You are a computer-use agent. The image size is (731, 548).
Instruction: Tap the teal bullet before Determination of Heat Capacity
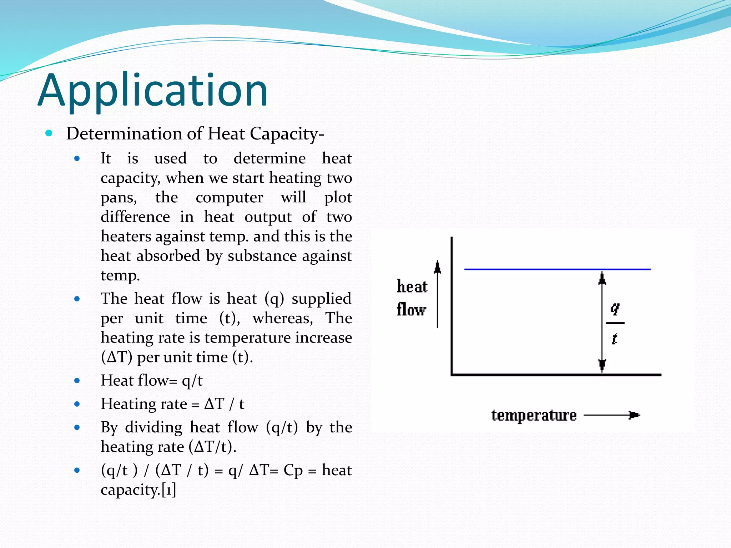pos(49,133)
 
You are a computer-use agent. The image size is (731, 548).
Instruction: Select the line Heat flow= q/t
pos(152,381)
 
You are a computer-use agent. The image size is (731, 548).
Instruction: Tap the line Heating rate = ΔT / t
pos(172,404)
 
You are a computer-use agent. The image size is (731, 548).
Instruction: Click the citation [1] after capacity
pos(169,490)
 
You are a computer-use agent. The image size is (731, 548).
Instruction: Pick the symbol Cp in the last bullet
pos(293,471)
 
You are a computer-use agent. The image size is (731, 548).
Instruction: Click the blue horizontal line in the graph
pos(557,269)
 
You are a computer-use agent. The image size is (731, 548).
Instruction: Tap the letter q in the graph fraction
pos(615,308)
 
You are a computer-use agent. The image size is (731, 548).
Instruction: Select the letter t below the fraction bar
pos(614,339)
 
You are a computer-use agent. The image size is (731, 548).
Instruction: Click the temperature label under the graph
pos(534,415)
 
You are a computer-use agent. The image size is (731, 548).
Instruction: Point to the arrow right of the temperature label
pos(612,415)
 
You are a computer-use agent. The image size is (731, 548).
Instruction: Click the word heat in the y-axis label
pos(412,286)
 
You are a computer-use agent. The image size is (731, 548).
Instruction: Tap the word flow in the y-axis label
pos(411,309)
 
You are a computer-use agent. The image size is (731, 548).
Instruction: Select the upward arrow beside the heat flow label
pos(438,294)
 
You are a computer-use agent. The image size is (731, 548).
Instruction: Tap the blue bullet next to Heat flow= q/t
pos(77,381)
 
